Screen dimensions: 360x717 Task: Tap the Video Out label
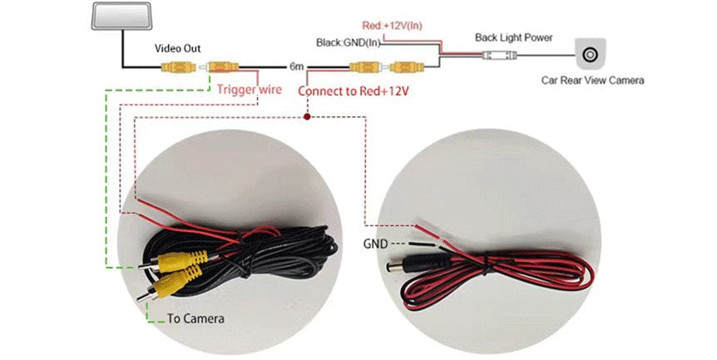coord(177,48)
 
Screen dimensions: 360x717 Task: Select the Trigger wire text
coord(249,89)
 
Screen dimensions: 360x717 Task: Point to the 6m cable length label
coord(296,66)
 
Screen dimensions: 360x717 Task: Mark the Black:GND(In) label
coord(349,42)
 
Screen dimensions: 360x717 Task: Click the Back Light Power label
coord(513,37)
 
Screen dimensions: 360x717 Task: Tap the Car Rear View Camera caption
coord(591,81)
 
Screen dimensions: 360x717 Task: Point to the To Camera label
coord(195,318)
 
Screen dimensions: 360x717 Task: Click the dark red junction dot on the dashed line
coord(308,117)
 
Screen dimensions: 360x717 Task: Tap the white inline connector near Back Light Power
coord(497,55)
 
